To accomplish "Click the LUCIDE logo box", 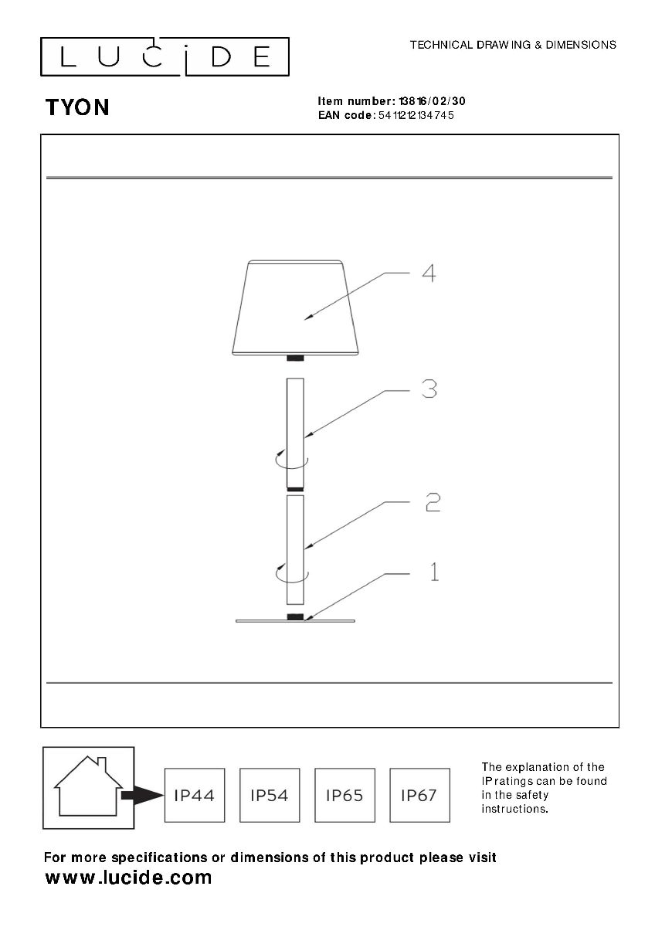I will pyautogui.click(x=165, y=56).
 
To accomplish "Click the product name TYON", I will pyautogui.click(x=77, y=107).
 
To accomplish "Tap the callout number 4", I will pyautogui.click(x=429, y=273).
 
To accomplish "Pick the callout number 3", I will pyautogui.click(x=429, y=389).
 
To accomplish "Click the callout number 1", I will pyautogui.click(x=434, y=572).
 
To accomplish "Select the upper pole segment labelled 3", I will pyautogui.click(x=295, y=433).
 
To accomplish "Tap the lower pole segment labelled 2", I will pyautogui.click(x=295, y=548).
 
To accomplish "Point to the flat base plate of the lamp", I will pyautogui.click(x=295, y=620).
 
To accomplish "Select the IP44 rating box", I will pyautogui.click(x=195, y=795).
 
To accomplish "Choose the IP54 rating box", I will pyautogui.click(x=270, y=795).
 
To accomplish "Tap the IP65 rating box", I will pyautogui.click(x=344, y=795).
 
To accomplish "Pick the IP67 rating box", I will pyautogui.click(x=419, y=795).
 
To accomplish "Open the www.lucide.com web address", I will pyautogui.click(x=128, y=878).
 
